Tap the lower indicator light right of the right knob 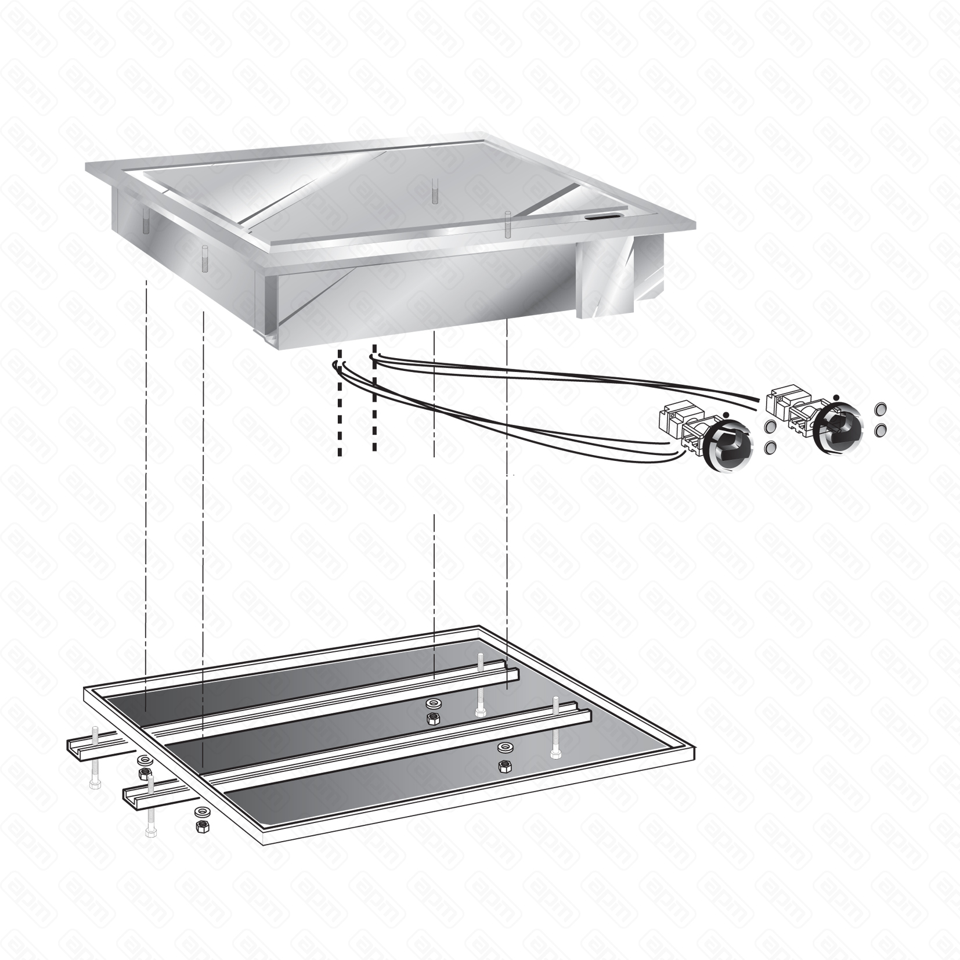(x=880, y=430)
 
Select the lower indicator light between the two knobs (x=771, y=448)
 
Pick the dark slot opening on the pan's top (x=602, y=217)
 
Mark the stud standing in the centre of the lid (x=434, y=190)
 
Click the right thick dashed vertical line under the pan (x=374, y=400)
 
